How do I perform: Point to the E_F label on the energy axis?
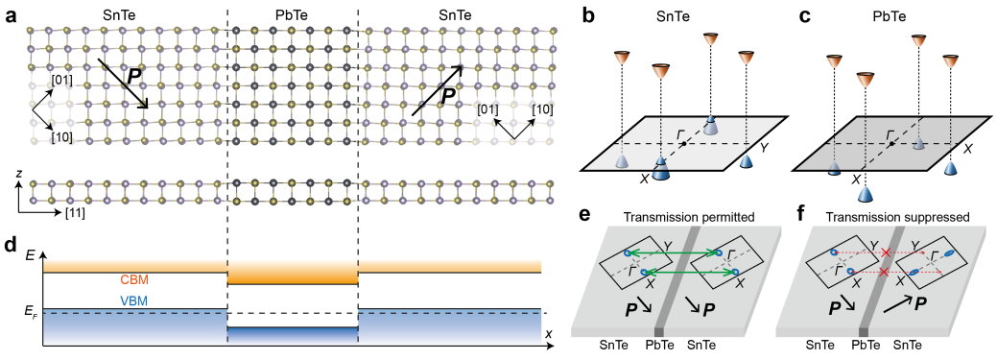31,310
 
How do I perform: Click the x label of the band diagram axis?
548,334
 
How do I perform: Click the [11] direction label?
73,212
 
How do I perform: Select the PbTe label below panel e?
658,342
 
